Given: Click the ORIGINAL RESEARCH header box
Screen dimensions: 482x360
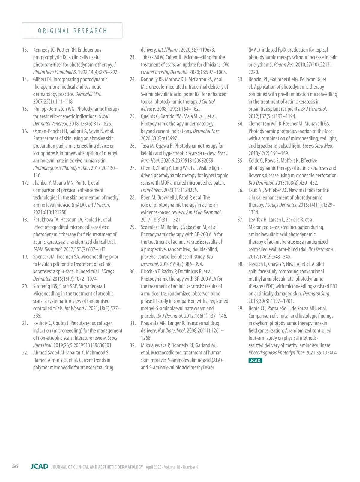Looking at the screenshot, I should click(72, 31).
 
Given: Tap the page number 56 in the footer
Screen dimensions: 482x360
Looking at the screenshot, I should click(15, 466).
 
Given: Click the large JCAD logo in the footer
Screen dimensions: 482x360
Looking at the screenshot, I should click(39, 466).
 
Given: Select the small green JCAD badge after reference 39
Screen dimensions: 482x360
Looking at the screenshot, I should click(255, 360).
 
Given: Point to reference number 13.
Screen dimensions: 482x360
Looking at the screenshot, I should click(25, 50).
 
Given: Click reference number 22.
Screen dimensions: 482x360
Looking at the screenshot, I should click(25, 353).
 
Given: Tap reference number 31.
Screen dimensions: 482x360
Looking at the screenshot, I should click(133, 323).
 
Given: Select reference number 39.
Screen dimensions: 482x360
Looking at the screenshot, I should click(240, 309).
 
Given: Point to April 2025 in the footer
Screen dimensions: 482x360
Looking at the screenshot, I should click(154, 467).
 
